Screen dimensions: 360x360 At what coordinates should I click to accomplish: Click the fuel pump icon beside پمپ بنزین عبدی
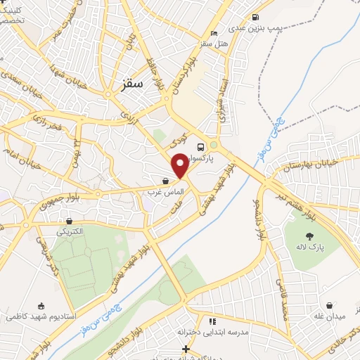click(255, 18)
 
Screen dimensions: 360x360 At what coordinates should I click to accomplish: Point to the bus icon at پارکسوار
click(201, 147)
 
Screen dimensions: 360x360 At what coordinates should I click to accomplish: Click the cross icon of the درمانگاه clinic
click(186, 349)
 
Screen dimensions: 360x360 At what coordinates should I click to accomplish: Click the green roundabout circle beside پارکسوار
click(214, 146)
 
